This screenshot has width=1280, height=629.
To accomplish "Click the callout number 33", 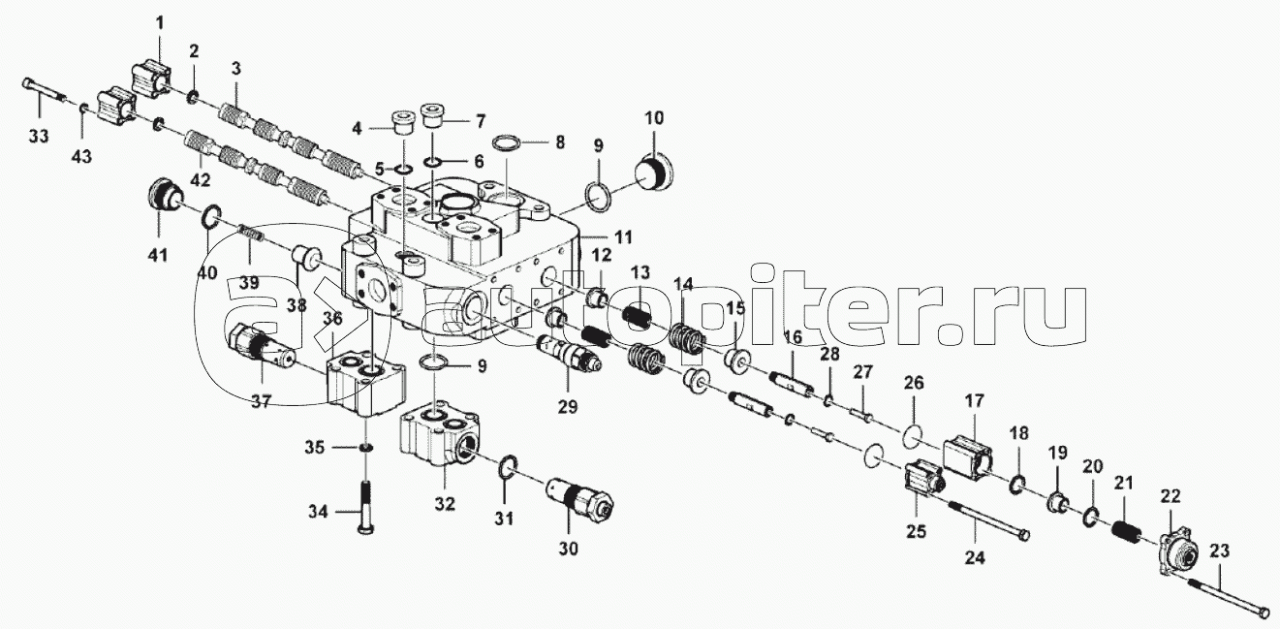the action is [39, 137].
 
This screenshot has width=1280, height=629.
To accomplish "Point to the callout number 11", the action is [623, 236].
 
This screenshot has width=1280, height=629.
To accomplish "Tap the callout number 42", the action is [200, 179].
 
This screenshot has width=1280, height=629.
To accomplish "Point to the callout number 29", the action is [568, 406].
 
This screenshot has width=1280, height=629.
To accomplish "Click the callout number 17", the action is [974, 401].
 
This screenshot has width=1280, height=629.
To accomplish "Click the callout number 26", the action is [914, 382].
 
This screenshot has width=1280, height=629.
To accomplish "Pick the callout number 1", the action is [160, 23].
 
